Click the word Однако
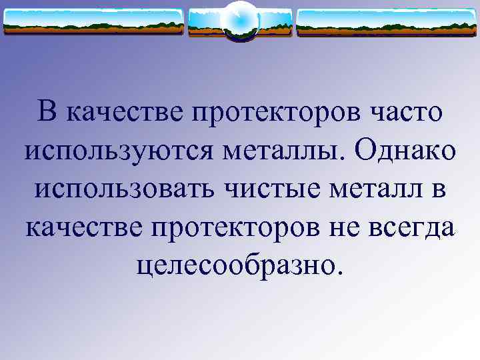[x=407, y=151]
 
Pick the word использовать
[x=124, y=190]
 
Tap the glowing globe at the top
[x=239, y=20]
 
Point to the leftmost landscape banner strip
[x=93, y=22]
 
